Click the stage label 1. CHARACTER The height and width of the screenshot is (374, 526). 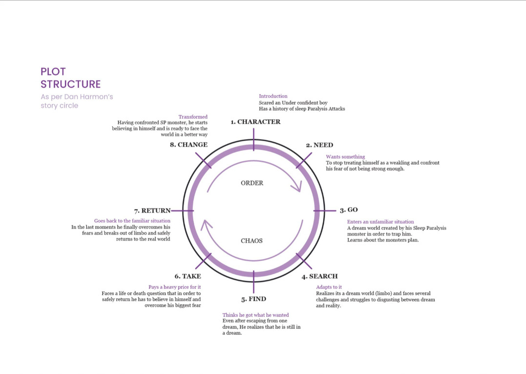coord(256,122)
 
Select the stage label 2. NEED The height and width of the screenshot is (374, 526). coord(319,145)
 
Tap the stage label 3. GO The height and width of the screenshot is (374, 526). coord(349,210)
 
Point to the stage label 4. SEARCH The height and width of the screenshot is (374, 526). coord(319,277)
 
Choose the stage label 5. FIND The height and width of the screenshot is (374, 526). coord(254,299)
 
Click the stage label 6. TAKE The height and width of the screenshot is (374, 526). coord(188,277)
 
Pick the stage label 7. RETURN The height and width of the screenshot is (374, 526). coord(152,211)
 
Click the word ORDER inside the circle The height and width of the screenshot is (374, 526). coord(252,183)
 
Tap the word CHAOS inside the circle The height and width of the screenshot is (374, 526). coord(252,241)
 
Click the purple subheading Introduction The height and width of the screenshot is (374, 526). coord(273,96)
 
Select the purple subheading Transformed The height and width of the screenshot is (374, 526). coord(193,117)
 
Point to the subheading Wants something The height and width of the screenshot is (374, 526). coord(345,157)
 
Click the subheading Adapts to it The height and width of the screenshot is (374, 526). coord(329,287)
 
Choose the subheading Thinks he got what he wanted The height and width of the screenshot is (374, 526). coord(256,316)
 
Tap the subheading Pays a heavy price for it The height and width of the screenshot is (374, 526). coord(175,287)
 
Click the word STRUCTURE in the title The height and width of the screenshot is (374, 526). coord(71,84)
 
